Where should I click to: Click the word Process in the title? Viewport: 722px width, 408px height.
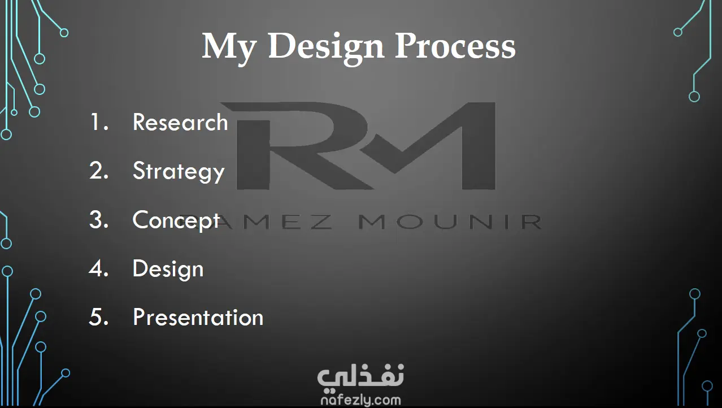click(455, 46)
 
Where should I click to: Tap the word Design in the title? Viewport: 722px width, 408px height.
click(326, 49)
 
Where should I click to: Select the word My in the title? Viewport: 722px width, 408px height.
click(229, 49)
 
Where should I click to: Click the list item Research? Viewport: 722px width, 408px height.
click(180, 122)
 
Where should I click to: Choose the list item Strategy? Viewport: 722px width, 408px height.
click(179, 172)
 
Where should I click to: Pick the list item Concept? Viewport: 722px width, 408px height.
click(176, 220)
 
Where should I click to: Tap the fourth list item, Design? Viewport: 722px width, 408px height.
click(168, 269)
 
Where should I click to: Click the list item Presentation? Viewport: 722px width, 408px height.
click(198, 317)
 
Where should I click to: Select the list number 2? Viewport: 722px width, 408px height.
click(99, 170)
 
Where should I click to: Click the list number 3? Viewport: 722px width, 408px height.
click(99, 219)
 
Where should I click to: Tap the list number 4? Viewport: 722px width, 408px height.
click(99, 268)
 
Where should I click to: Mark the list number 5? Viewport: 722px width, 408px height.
click(99, 316)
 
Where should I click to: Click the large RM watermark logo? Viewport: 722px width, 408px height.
click(358, 146)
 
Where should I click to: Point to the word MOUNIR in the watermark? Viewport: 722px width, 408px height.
click(450, 222)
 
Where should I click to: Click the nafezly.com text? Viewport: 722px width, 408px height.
click(360, 400)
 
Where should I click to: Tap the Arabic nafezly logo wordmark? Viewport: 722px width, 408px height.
click(360, 378)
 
